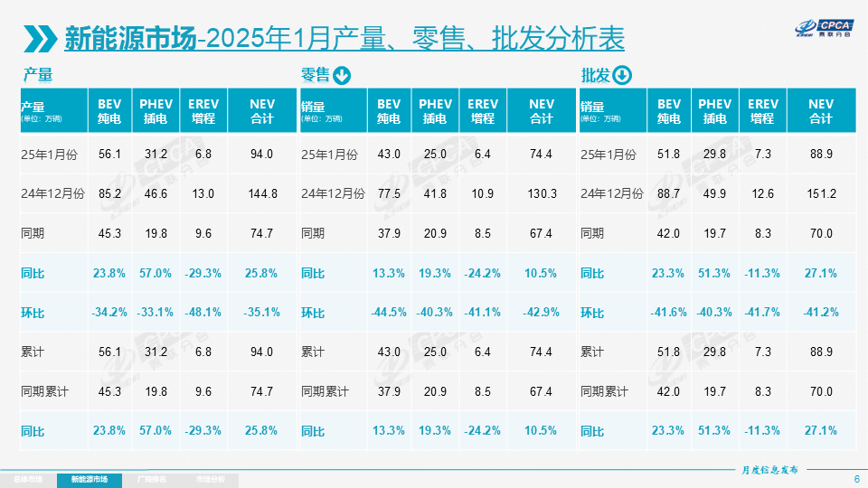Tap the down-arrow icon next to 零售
point(342,76)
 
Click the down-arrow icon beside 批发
point(622,76)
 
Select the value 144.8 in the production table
point(262,193)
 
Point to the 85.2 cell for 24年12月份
point(110,193)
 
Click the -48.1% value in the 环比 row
point(203,313)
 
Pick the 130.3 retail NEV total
point(542,193)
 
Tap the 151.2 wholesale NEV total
point(821,193)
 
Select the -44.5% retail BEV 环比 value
point(389,313)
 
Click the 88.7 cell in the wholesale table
point(669,193)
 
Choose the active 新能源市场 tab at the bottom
point(89,479)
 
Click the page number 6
point(856,479)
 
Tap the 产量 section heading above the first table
point(38,76)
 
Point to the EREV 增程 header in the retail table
point(483,111)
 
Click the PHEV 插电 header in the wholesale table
point(715,111)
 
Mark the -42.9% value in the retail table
point(542,313)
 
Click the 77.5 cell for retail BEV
point(389,193)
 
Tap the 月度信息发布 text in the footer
point(769,470)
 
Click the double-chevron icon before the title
point(42,38)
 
